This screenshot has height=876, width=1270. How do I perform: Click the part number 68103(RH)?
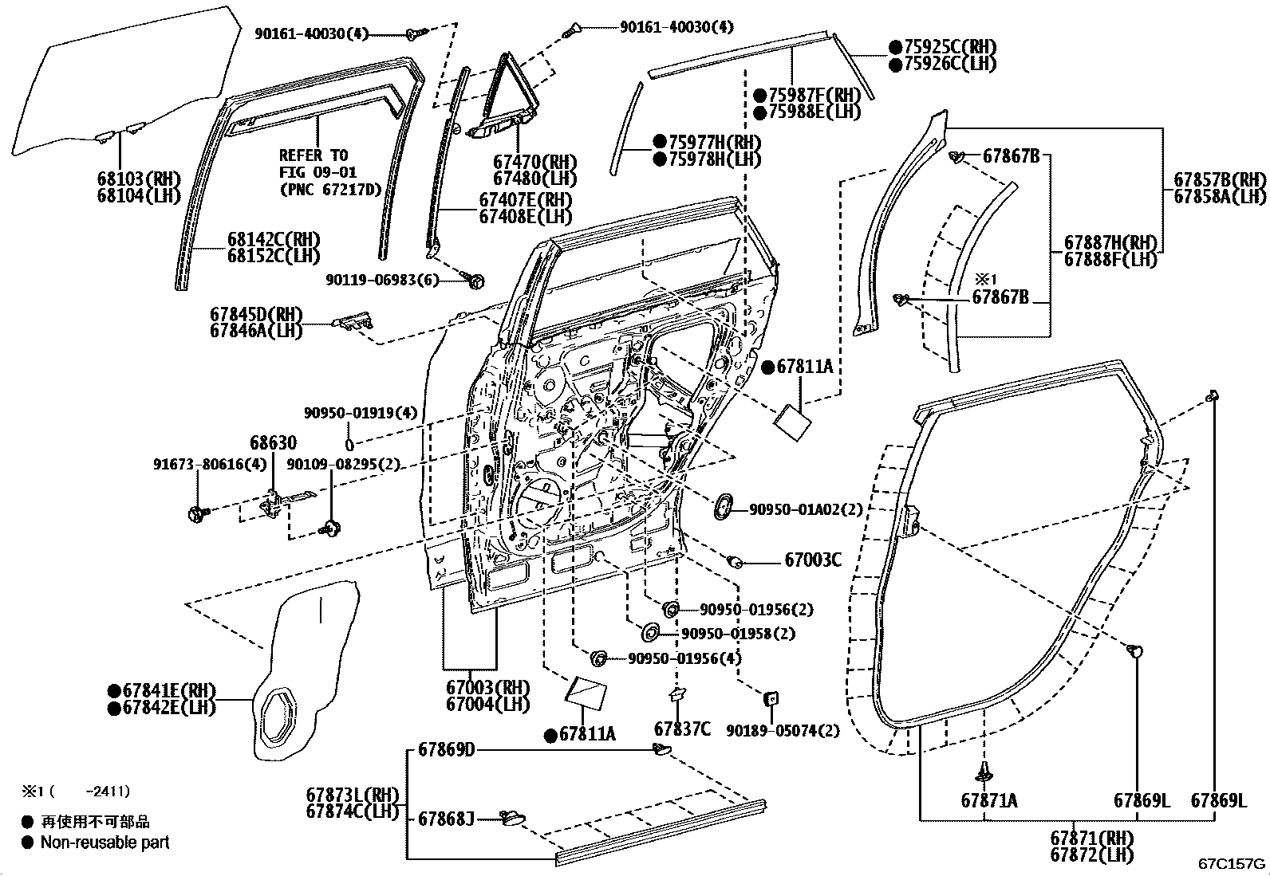coord(139,179)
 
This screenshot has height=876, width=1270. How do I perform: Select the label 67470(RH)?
coord(534,163)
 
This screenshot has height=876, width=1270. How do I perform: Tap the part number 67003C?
coord(812,560)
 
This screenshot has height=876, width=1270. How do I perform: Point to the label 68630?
coord(274,442)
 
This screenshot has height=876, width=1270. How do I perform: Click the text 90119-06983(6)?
coord(382,280)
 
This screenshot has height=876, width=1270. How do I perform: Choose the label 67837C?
coord(682,729)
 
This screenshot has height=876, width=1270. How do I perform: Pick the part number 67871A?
coord(989,800)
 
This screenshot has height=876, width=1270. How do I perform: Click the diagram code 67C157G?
coord(1232,863)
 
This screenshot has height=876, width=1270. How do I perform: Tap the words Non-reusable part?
coord(105,843)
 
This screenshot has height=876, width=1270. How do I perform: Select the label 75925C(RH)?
coord(950,47)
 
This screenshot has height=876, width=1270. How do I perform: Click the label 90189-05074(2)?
coord(783,731)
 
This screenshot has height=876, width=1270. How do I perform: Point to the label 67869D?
coord(446,749)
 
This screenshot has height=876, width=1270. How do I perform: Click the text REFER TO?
coord(314,155)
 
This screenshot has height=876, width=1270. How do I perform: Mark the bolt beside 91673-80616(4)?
coord(198,513)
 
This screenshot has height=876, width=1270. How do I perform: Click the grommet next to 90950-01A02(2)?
coord(722,506)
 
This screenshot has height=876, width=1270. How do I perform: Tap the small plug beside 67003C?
coord(736,561)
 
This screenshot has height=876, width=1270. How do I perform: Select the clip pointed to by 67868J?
coord(512,818)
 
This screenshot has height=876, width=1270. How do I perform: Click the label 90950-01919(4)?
coord(361,413)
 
